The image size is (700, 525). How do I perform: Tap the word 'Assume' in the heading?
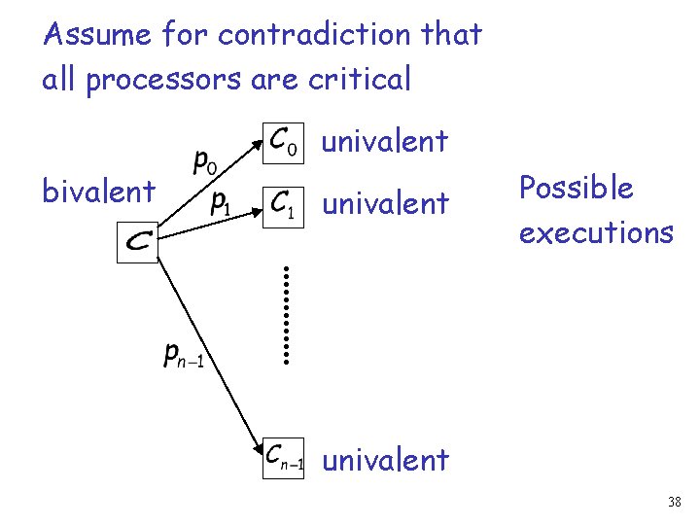(x=97, y=36)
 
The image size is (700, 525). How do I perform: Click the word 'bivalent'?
(x=98, y=192)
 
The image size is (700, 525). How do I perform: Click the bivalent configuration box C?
(x=137, y=242)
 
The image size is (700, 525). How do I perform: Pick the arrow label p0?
(x=204, y=160)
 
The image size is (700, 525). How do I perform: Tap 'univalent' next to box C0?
(x=385, y=141)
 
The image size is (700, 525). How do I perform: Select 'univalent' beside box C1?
(x=385, y=203)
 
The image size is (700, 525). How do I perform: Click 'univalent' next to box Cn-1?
(x=385, y=459)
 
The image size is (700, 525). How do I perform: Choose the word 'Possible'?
(x=576, y=188)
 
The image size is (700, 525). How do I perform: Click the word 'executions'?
(x=595, y=232)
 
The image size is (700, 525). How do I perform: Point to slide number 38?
(x=675, y=502)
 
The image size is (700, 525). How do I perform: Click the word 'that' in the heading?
(x=452, y=35)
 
